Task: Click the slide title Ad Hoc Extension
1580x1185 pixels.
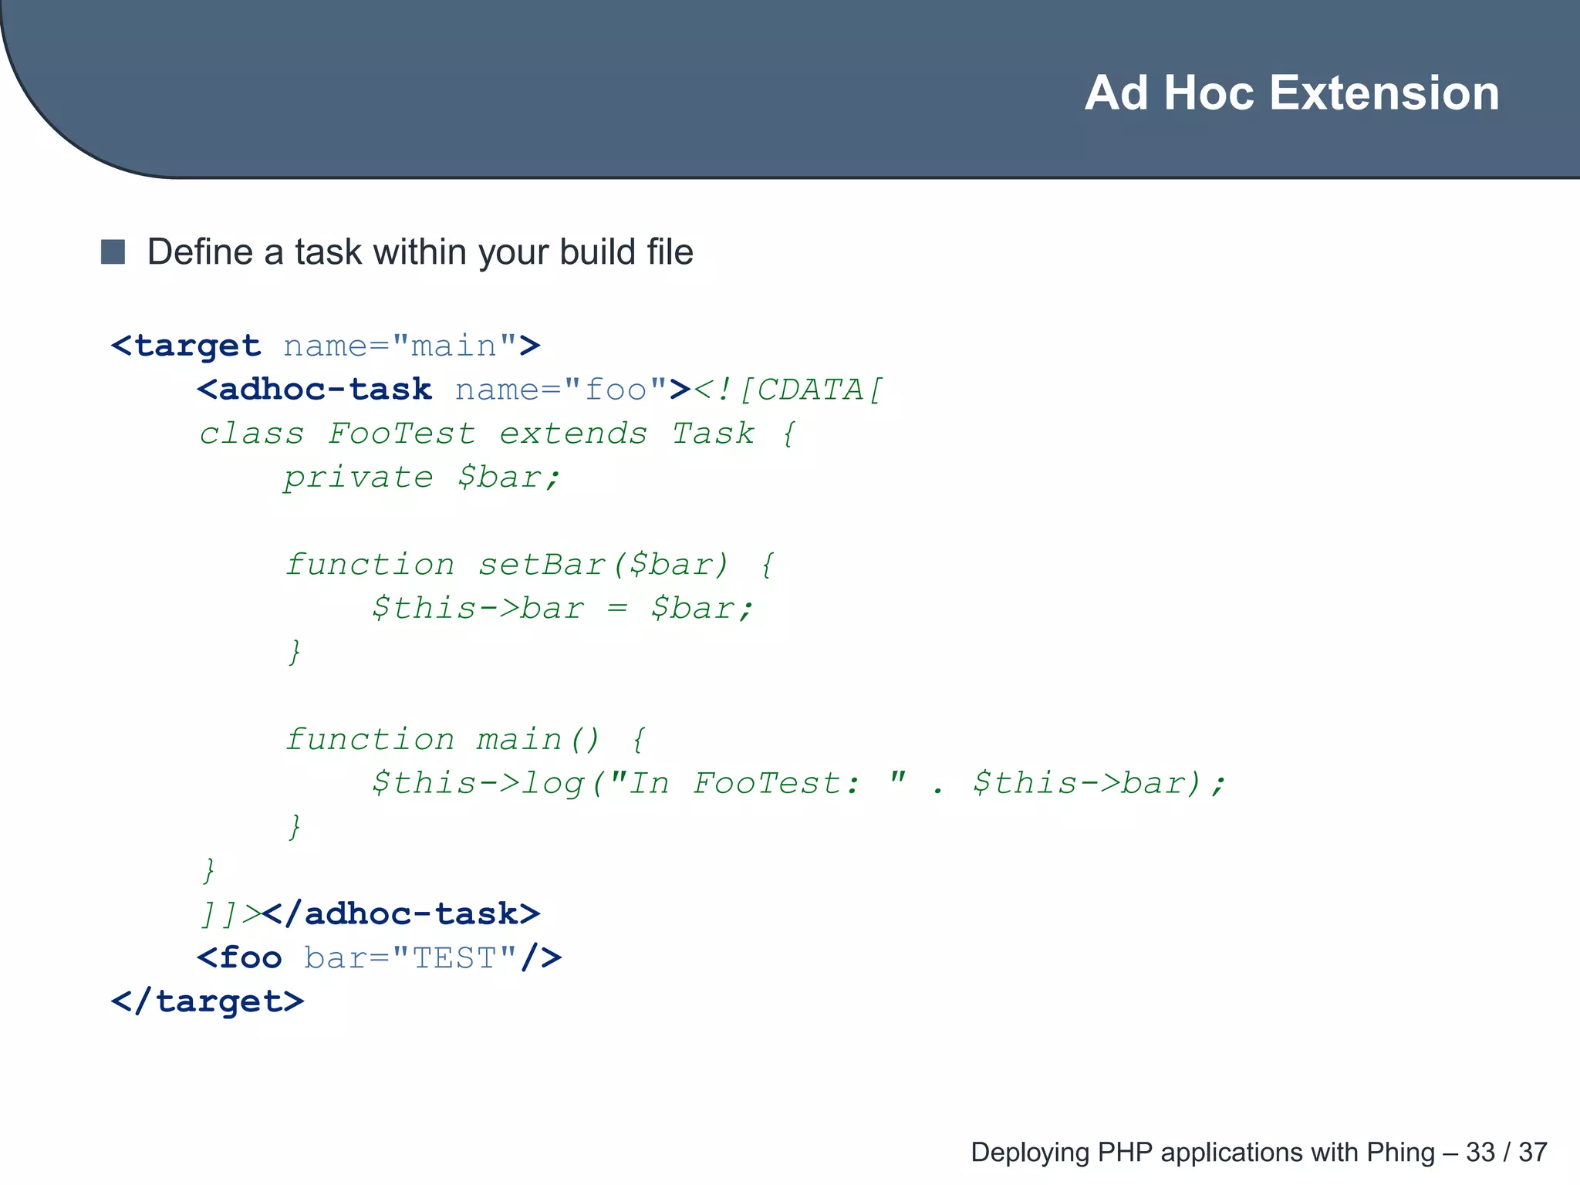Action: pos(1291,93)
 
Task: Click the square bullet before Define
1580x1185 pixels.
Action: pos(113,252)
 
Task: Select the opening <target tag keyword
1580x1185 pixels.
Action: pos(186,346)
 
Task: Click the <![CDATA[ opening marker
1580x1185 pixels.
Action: pos(788,390)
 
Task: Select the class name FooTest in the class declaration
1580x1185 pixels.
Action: pos(401,434)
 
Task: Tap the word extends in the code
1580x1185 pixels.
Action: pos(573,434)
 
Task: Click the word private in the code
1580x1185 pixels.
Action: pos(358,478)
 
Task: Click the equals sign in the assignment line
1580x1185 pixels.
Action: pos(616,609)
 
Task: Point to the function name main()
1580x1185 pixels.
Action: pos(538,740)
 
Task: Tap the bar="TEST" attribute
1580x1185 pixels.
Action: pos(410,958)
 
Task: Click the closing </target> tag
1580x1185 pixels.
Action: pos(208,1002)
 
